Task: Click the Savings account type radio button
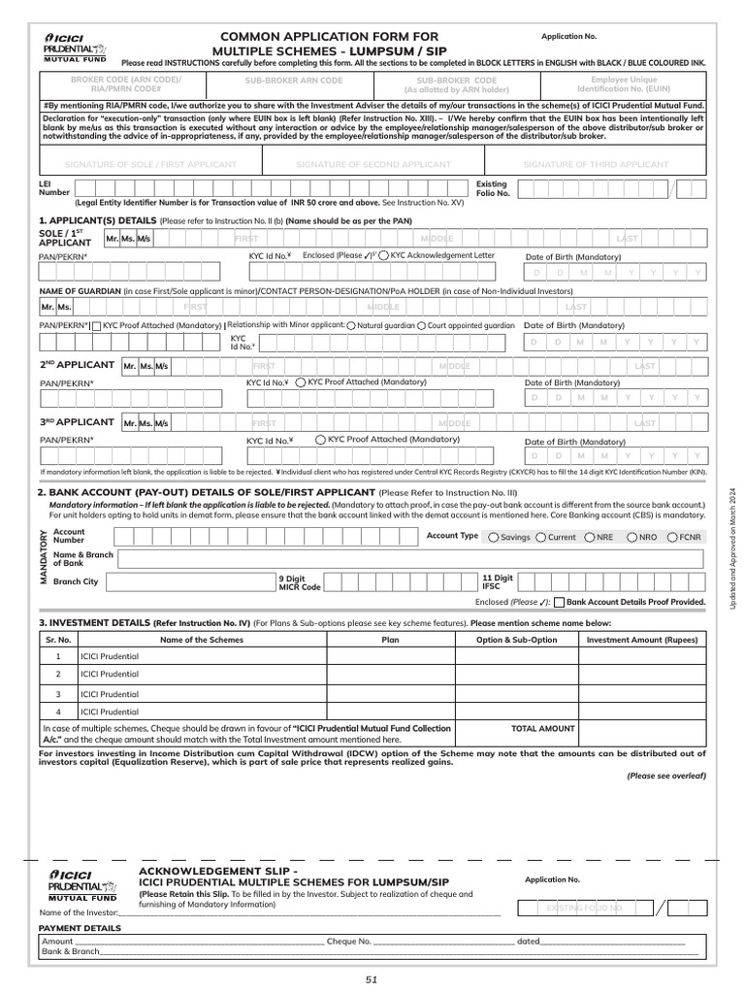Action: pyautogui.click(x=494, y=537)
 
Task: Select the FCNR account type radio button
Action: pyautogui.click(x=672, y=537)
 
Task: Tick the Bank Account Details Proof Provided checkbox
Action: pyautogui.click(x=559, y=603)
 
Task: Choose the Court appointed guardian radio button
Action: pyautogui.click(x=420, y=326)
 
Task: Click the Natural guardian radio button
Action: pyautogui.click(x=350, y=326)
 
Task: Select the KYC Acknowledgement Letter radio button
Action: pyautogui.click(x=384, y=255)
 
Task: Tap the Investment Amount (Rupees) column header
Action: pyautogui.click(x=641, y=640)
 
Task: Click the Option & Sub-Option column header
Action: pyautogui.click(x=516, y=640)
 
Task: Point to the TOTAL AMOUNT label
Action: pyautogui.click(x=543, y=728)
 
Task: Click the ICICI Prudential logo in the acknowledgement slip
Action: pyautogui.click(x=78, y=887)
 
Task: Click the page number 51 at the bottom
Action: pyautogui.click(x=372, y=979)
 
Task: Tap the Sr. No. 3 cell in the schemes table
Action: pyautogui.click(x=58, y=694)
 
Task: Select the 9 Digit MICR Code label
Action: pyautogui.click(x=298, y=582)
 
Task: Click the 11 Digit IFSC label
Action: pyautogui.click(x=498, y=582)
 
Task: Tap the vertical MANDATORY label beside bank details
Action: pyautogui.click(x=43, y=557)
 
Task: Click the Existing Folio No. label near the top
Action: pyautogui.click(x=491, y=188)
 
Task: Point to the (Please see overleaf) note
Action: pyautogui.click(x=665, y=777)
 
